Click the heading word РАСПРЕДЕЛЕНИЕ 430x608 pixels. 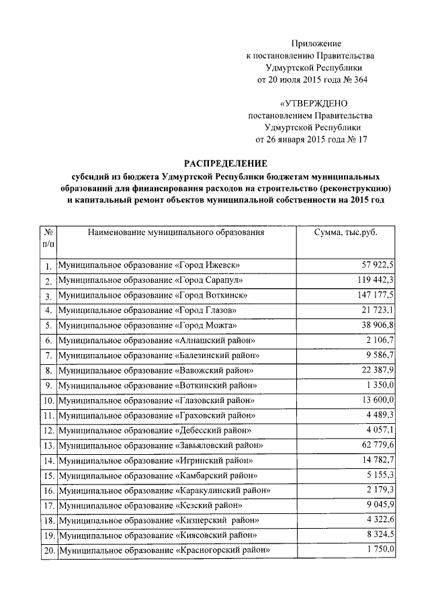[226, 163]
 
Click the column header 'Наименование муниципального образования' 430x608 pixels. [175, 232]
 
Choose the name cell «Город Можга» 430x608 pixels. [147, 325]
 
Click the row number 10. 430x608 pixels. [48, 401]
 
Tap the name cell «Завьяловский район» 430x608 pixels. [160, 445]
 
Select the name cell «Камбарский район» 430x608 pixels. [157, 476]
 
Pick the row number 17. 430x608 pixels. [48, 506]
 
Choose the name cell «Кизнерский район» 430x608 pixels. [158, 521]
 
